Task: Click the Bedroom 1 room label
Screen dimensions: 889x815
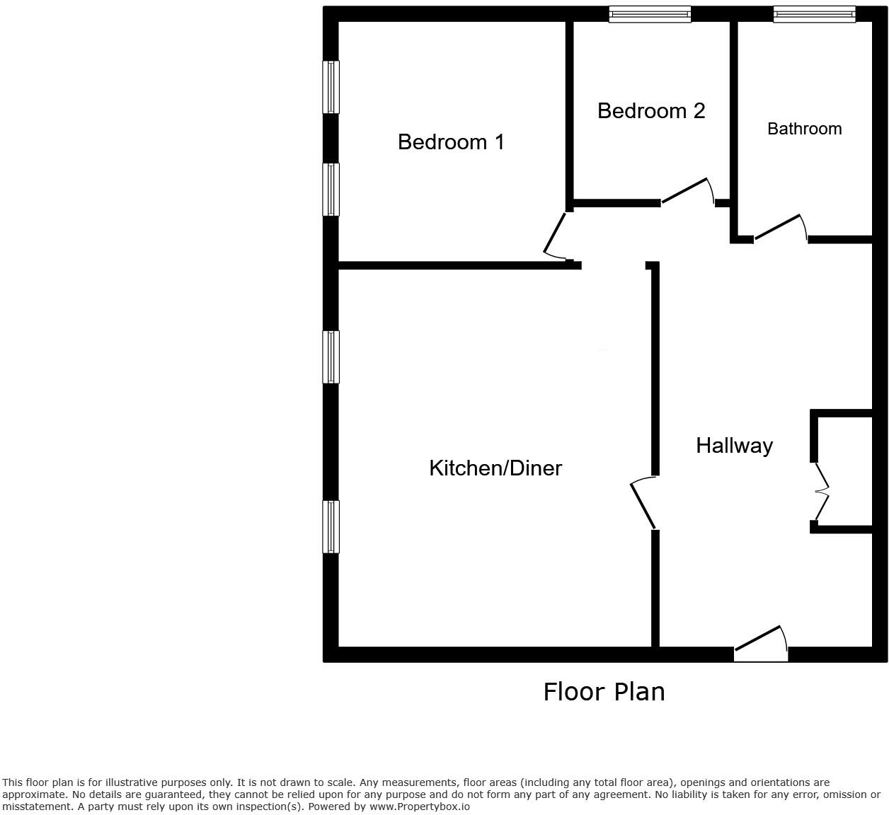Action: pos(451,142)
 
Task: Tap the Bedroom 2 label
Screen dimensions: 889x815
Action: pos(651,111)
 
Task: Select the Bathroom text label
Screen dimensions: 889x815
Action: pos(805,129)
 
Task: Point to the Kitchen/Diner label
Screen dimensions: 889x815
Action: pos(495,468)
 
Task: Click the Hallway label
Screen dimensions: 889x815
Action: pos(734,446)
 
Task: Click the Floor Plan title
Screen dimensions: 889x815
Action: pos(604,691)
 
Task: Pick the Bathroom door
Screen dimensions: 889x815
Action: pos(781,228)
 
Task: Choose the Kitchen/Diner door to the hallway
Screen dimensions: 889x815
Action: pos(643,503)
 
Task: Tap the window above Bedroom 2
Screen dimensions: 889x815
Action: pos(650,14)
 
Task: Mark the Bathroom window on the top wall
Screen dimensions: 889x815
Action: pos(814,14)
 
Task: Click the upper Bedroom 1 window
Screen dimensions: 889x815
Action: pos(331,87)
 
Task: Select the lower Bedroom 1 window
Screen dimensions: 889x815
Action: pos(331,190)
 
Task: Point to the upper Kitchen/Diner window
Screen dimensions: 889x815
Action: pos(331,357)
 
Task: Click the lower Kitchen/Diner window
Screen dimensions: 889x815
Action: pos(331,526)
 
